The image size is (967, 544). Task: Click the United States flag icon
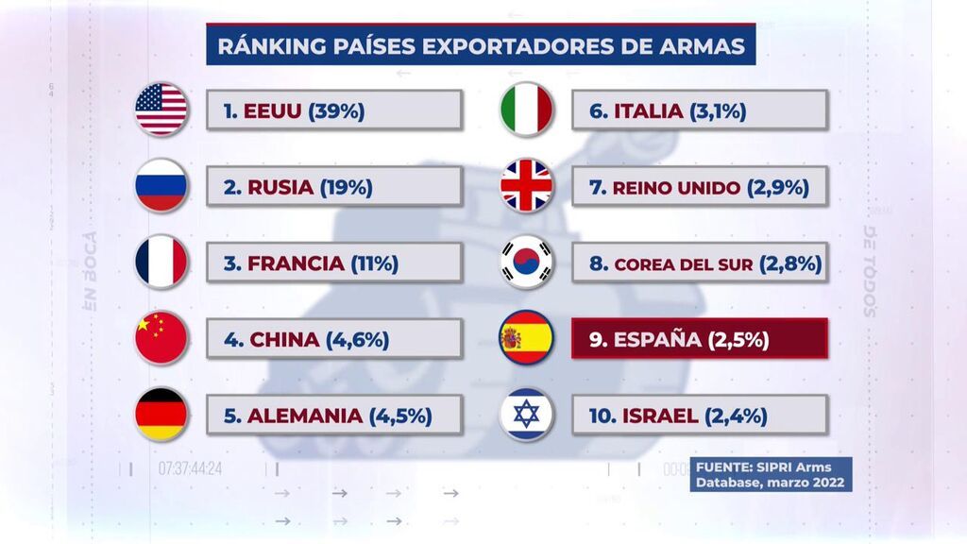[x=161, y=110]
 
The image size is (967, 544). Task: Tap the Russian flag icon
[x=161, y=186]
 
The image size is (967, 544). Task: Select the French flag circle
[x=161, y=262]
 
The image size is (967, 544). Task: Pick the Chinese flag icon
[x=161, y=338]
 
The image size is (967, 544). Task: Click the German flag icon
[x=161, y=415]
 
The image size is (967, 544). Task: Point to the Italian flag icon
[x=526, y=110]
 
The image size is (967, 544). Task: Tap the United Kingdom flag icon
[x=526, y=186]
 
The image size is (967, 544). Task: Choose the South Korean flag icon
[x=526, y=262]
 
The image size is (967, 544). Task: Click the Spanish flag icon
[x=526, y=338]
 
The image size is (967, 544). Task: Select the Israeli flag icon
[x=526, y=415]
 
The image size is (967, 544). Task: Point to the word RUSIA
[x=280, y=187]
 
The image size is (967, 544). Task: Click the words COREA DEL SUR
[x=684, y=264]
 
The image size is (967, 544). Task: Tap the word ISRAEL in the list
[x=660, y=416]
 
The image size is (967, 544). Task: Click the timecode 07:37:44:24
[x=190, y=468]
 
